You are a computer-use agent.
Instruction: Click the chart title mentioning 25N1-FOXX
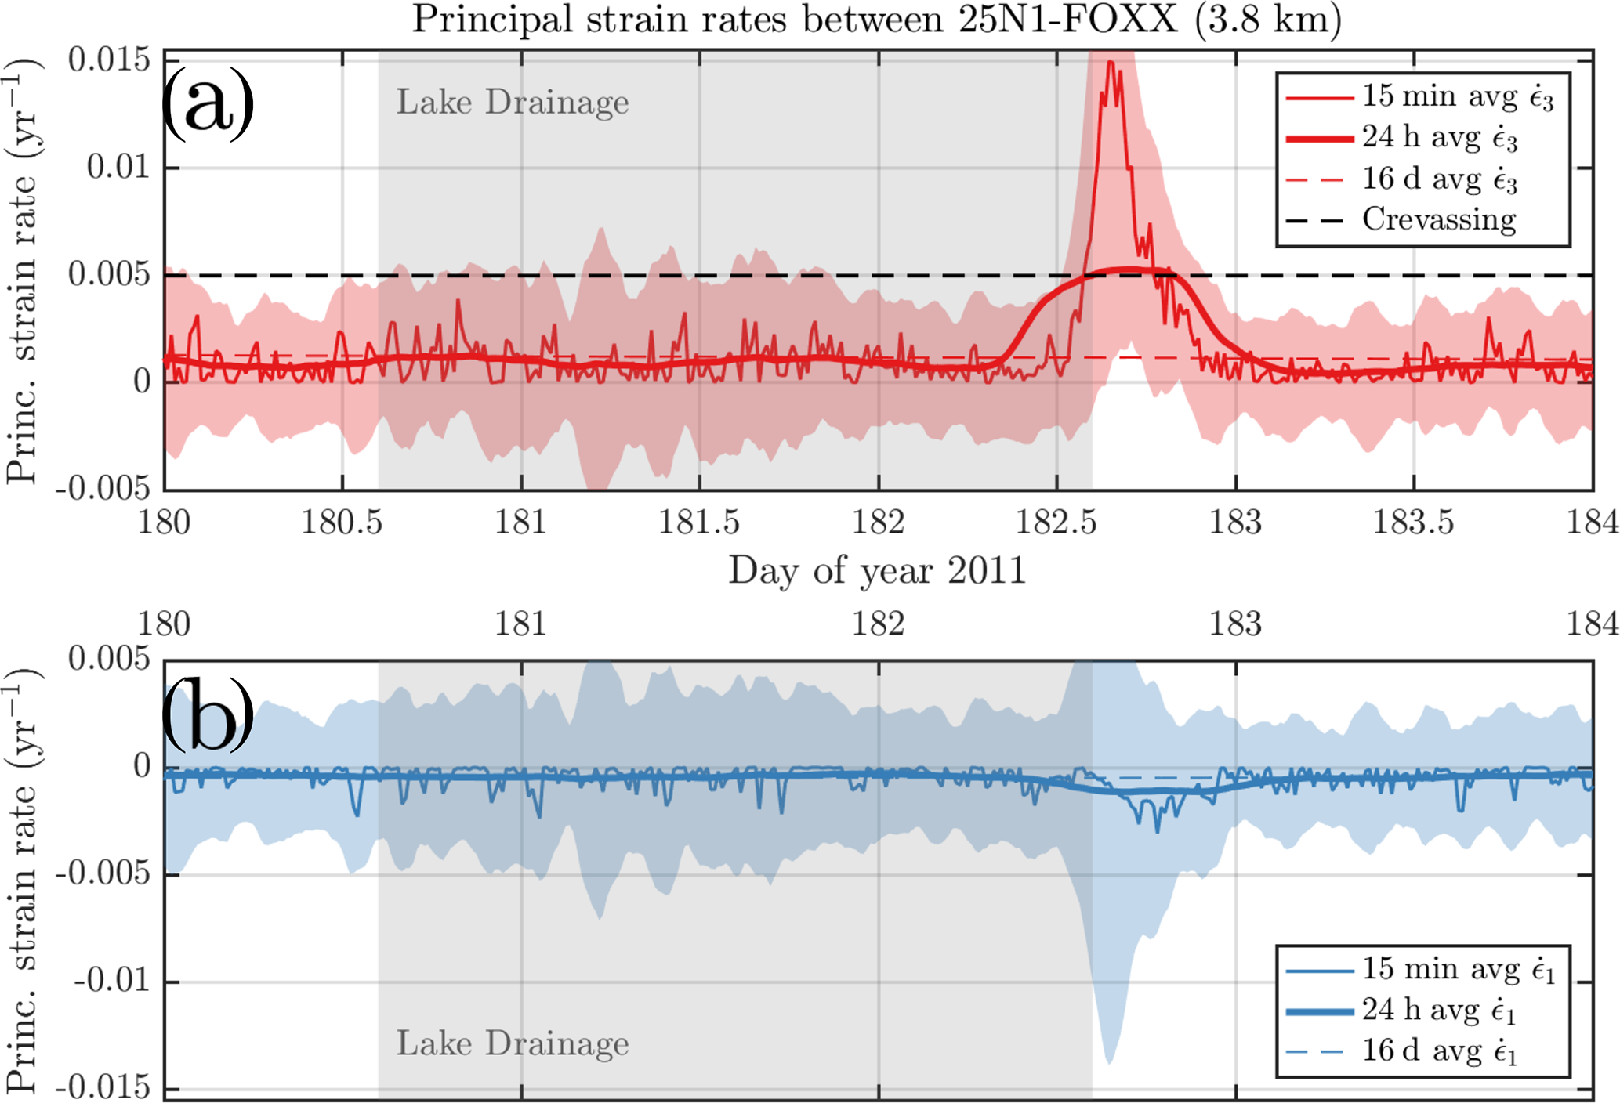point(876,20)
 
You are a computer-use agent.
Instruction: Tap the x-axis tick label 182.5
point(1056,523)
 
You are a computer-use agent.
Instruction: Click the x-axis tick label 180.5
point(342,523)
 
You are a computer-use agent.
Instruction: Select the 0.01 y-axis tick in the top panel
point(118,167)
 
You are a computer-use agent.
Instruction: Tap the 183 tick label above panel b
point(1235,624)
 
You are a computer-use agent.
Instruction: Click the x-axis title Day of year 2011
point(876,570)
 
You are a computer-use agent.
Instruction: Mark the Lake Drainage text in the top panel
point(513,103)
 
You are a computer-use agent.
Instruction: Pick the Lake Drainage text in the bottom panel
point(513,1043)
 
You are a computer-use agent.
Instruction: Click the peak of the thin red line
point(1110,62)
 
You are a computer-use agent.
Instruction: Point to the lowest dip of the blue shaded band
point(1108,1062)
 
